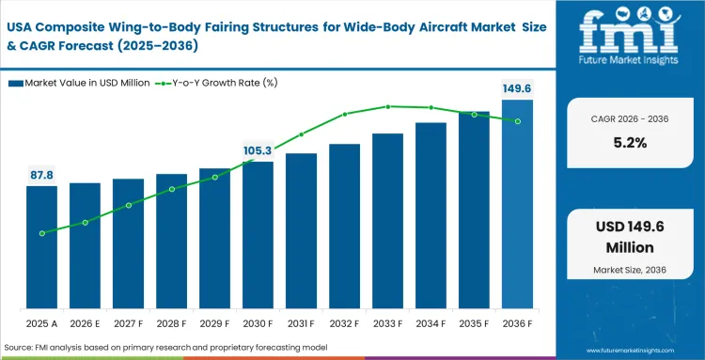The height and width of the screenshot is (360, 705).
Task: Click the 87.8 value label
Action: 41,175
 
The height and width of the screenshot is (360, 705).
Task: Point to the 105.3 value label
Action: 258,150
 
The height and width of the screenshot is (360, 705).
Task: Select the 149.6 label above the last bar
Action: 517,88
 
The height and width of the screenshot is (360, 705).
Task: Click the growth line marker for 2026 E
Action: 85,223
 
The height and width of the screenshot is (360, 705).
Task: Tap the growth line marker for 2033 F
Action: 387,107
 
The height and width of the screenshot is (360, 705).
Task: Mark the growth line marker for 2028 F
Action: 171,189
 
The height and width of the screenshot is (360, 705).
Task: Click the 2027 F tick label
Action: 128,323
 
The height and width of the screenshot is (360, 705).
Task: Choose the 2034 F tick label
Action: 431,323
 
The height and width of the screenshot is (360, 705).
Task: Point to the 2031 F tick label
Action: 301,323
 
